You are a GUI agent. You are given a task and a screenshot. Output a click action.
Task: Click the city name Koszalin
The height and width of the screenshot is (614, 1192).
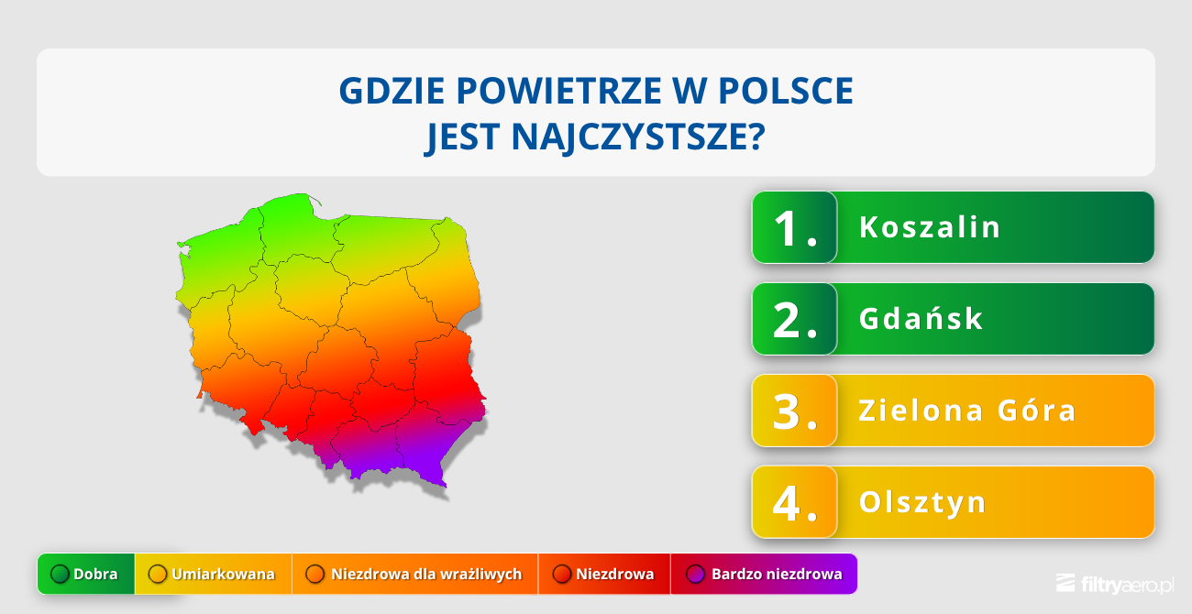point(930,227)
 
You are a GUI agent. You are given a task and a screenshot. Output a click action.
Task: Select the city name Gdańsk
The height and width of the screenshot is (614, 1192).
point(921,319)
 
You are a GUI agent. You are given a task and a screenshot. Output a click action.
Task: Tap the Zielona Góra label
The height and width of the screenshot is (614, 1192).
point(967,411)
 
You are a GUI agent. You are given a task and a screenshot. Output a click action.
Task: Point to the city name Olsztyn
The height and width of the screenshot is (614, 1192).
point(922,502)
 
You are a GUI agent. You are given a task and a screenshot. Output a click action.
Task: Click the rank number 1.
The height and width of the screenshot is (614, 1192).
point(794,228)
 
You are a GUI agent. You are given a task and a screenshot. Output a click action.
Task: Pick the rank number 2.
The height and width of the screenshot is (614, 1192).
point(794,320)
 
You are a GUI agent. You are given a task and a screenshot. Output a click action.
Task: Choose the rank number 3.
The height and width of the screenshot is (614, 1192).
point(794,411)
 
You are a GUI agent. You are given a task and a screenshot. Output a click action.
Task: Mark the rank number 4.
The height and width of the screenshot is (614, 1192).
point(794,503)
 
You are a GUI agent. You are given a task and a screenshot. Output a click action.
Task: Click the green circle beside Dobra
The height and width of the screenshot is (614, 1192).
point(60,575)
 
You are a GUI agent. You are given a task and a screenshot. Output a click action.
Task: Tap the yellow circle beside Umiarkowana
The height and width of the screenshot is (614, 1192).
point(158,575)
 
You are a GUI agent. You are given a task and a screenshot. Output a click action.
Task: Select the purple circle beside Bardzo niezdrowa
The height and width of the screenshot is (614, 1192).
point(695,575)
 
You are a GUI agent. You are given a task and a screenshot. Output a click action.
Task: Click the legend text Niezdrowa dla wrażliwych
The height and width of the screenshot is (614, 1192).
point(426,575)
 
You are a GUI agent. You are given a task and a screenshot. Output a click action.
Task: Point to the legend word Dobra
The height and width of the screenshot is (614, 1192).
point(95,575)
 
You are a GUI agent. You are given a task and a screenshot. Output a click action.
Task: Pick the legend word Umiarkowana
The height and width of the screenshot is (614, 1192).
point(223,575)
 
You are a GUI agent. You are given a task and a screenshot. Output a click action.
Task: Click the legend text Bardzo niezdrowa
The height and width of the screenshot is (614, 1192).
point(777,575)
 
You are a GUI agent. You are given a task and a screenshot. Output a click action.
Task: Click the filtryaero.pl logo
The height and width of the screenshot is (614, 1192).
point(1115,584)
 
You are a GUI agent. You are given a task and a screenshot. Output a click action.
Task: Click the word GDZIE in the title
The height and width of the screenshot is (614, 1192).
point(392,91)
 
